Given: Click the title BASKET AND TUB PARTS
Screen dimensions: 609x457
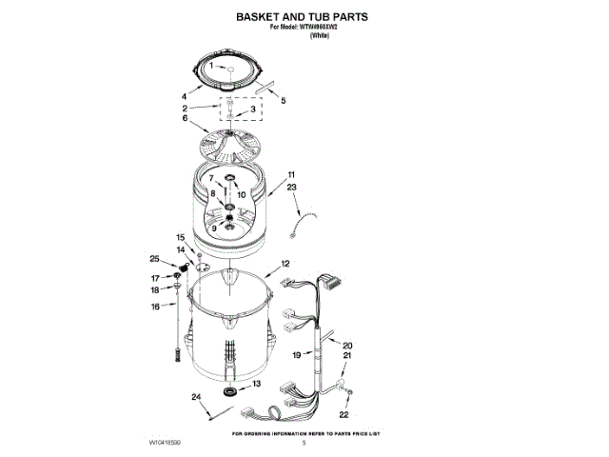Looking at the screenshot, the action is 302,17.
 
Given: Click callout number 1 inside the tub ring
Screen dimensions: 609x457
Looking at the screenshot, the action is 212,67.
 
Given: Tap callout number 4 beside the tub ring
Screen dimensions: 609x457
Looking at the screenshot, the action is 184,96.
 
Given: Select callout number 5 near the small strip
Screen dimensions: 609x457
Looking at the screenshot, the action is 283,100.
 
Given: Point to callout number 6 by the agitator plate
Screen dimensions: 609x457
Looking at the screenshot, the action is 185,118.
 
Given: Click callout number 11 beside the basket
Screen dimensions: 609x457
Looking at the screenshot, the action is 291,174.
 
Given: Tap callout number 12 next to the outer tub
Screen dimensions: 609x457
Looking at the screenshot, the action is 285,263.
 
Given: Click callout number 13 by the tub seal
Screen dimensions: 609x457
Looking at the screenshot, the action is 256,383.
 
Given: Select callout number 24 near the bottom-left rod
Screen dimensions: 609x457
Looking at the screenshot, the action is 195,396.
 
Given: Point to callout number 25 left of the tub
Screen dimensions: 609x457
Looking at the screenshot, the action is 154,258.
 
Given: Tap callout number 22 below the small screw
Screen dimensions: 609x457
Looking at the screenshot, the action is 344,414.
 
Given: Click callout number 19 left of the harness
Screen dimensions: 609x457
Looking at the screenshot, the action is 296,354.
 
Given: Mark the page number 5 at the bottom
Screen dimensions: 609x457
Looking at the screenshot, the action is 304,443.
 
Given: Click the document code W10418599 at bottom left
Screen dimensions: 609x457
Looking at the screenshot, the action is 165,444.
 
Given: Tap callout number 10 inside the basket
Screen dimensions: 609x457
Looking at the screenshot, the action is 242,194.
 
